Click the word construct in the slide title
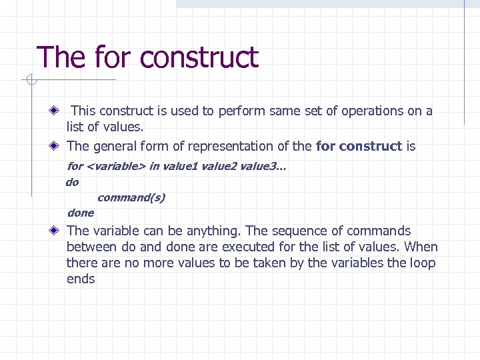click(199, 57)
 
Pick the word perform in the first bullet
click(242, 111)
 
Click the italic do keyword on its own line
click(72, 182)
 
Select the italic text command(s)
click(131, 197)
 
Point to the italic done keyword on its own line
click(81, 213)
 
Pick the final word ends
click(81, 279)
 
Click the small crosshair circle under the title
click(31, 81)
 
